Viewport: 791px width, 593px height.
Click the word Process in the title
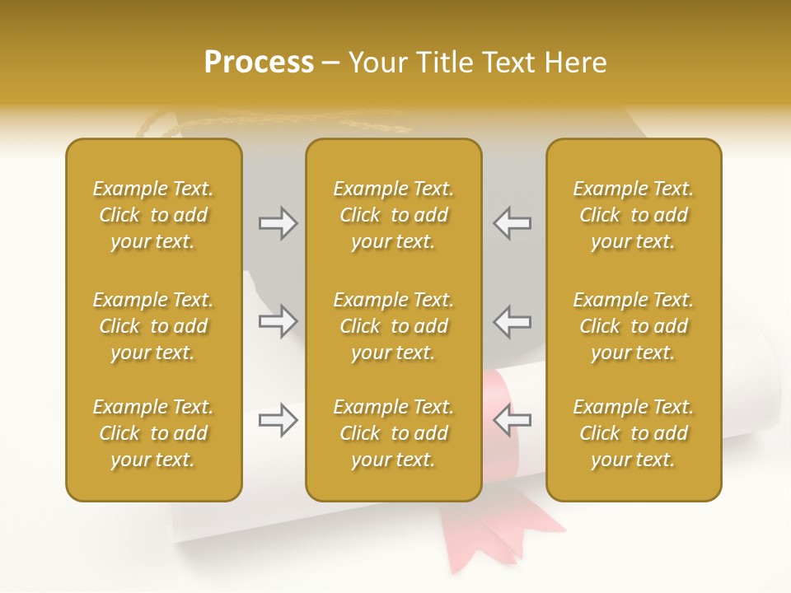pos(259,63)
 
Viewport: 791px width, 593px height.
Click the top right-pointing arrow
pos(278,223)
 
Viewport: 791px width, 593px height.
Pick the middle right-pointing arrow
pos(278,321)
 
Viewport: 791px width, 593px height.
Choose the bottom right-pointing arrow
pos(278,420)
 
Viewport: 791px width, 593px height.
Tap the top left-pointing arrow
pos(512,223)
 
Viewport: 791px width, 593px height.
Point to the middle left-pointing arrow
pos(512,321)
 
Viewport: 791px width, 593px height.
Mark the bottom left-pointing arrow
pos(512,420)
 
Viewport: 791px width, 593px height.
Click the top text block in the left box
pos(153,215)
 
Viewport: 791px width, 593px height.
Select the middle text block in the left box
pos(153,326)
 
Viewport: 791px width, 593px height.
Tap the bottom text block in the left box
pos(153,433)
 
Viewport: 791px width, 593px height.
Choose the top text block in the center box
pos(393,215)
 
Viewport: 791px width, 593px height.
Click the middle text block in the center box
pos(393,326)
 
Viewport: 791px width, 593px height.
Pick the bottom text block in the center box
pos(393,433)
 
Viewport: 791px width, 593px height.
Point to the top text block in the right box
pos(633,215)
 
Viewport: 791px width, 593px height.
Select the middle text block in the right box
pos(633,326)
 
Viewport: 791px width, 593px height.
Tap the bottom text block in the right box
pos(633,433)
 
